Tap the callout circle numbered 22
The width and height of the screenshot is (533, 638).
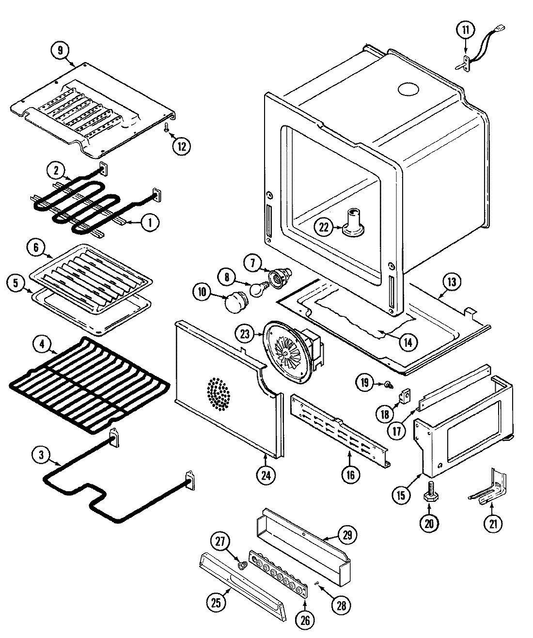[324, 226]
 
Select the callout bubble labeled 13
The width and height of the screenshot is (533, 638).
[451, 281]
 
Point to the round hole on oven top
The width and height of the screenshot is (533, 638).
[408, 89]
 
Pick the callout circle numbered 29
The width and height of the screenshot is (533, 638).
[348, 535]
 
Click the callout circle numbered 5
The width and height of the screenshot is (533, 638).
[16, 284]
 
